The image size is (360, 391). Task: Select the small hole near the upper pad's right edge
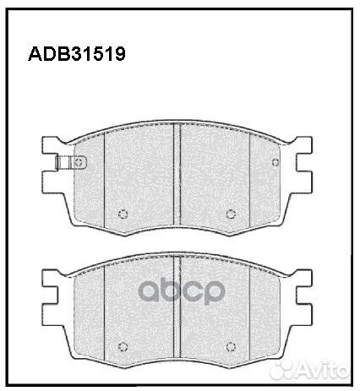click(x=275, y=163)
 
